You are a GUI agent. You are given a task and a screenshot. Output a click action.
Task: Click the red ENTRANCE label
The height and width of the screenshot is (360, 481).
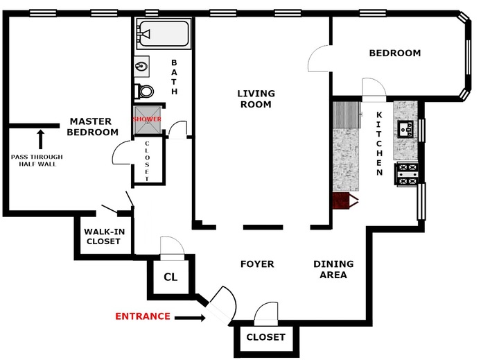coord(142,316)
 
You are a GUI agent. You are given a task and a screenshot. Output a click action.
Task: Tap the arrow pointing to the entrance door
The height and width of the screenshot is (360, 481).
coord(190,318)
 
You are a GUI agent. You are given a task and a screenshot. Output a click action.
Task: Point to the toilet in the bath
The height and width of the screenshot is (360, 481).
coord(143,91)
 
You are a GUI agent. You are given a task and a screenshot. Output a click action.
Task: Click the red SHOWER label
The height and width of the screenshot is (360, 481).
coord(147,119)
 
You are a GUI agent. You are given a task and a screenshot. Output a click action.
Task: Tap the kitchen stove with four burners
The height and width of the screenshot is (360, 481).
coord(406,174)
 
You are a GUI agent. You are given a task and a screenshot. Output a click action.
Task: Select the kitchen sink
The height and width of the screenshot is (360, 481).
coord(405,129)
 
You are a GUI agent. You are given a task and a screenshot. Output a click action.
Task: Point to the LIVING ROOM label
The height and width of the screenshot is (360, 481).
coord(256,98)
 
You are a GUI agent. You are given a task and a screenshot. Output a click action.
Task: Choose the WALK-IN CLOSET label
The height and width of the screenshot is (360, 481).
coord(103,237)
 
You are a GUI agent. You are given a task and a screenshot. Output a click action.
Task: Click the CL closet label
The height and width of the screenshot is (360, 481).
coord(170,276)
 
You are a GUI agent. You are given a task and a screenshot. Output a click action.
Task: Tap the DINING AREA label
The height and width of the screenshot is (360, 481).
coord(333,269)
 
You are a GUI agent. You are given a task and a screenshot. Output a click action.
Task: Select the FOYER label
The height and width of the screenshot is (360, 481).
coord(257,264)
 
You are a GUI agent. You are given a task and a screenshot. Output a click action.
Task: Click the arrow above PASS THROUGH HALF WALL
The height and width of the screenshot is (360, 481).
coord(40,138)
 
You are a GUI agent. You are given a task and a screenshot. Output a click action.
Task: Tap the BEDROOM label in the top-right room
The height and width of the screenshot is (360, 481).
coord(394,53)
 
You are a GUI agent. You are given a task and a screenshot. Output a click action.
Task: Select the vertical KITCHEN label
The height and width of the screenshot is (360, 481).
coord(380,143)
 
